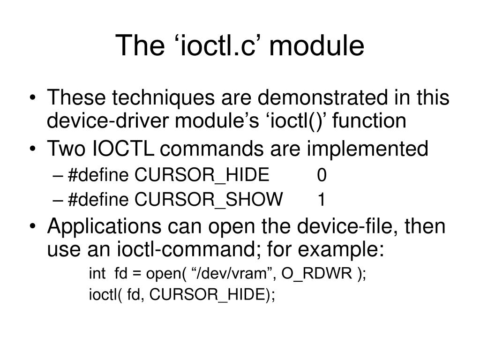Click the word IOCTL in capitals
(x=126, y=149)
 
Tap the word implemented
(x=367, y=149)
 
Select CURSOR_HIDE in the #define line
(x=202, y=175)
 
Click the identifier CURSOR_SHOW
(x=209, y=200)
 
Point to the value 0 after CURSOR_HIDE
(x=322, y=175)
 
